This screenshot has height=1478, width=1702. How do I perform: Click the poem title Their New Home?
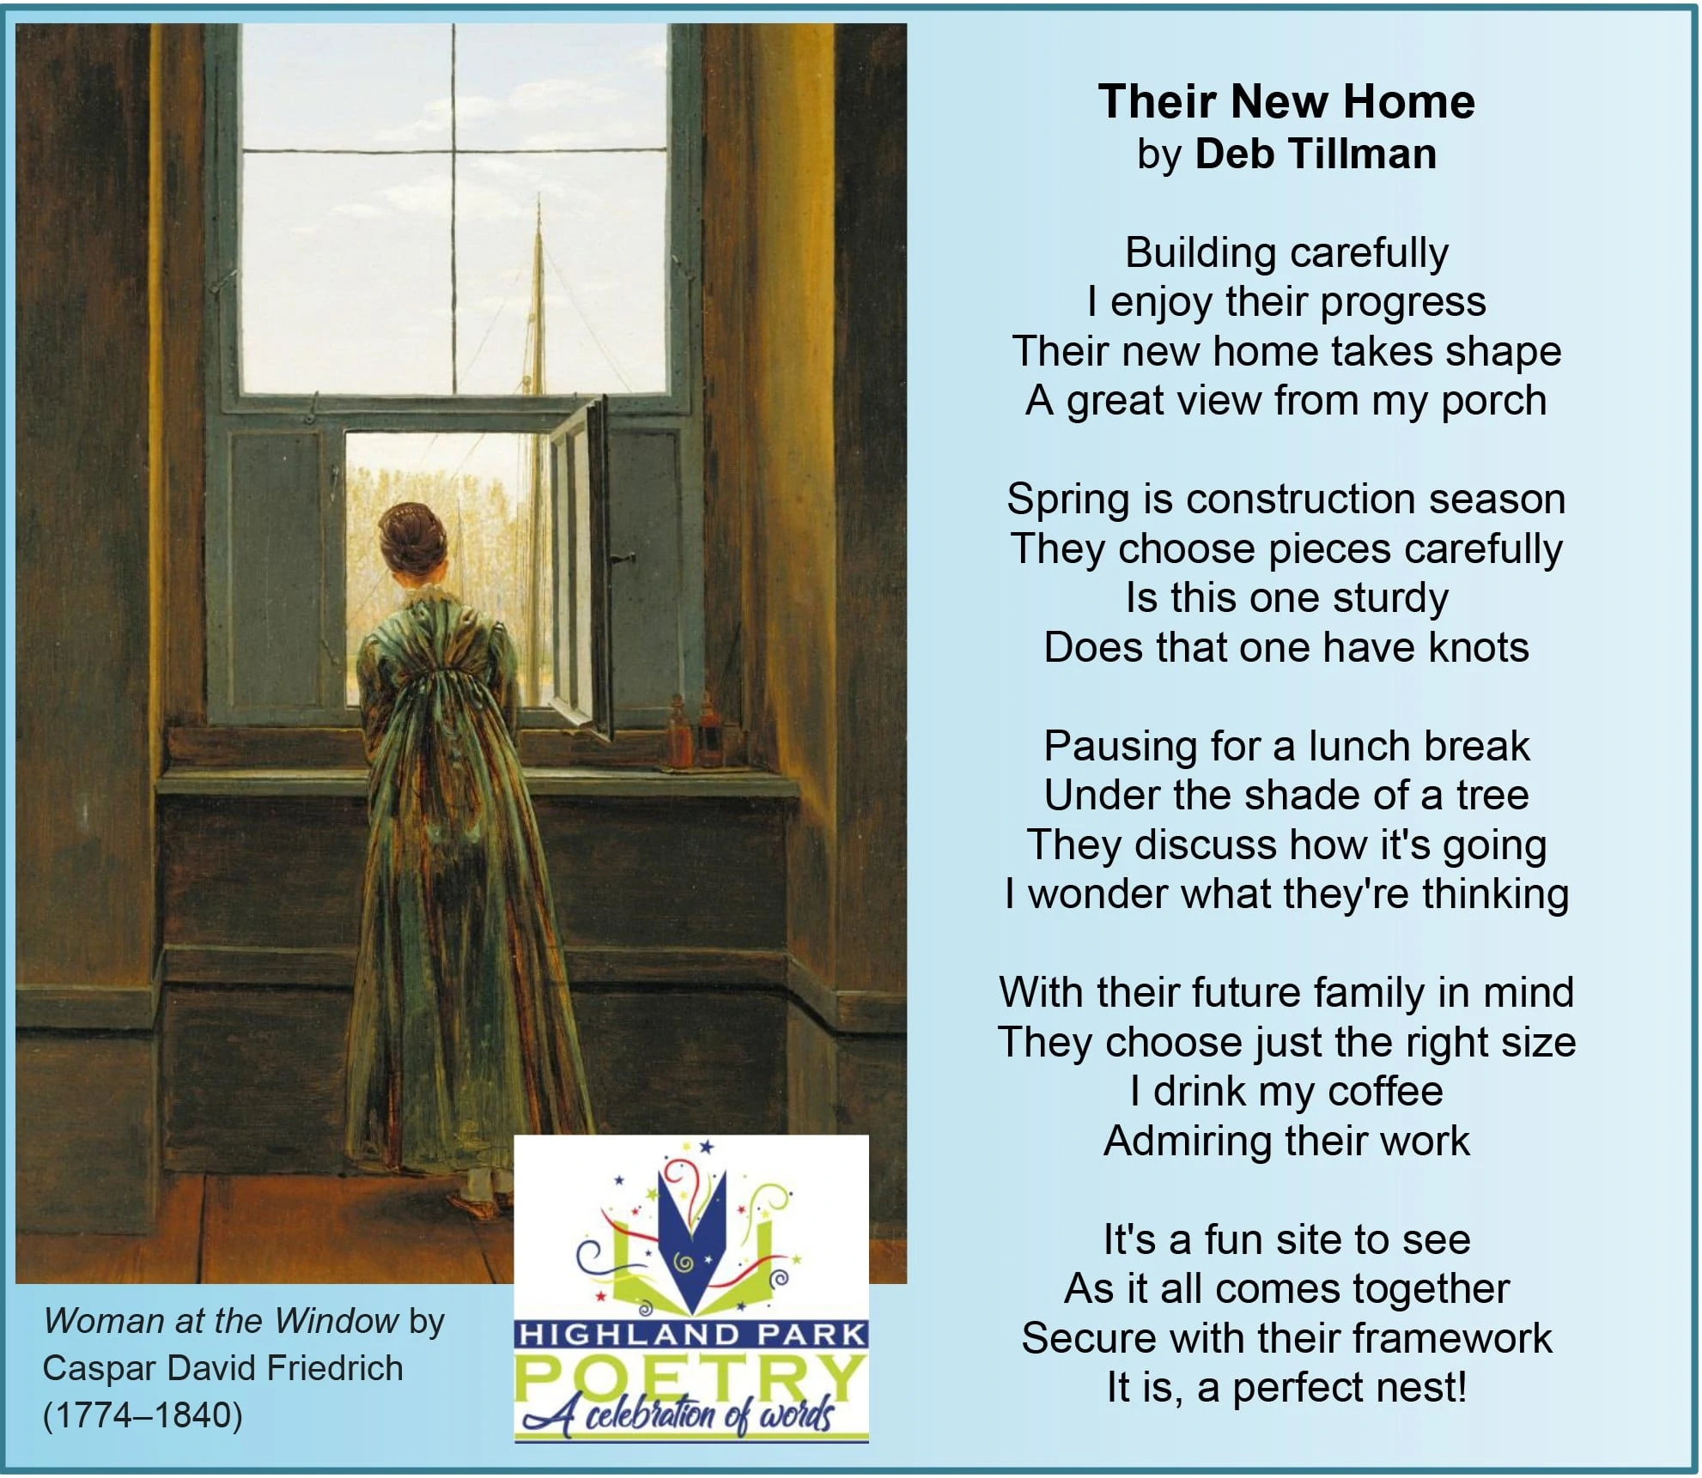(x=1286, y=101)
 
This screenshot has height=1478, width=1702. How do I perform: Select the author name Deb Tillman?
(x=1316, y=154)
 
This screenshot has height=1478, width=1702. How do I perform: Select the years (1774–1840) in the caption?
(x=143, y=1415)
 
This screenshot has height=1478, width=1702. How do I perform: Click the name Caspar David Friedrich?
(x=222, y=1368)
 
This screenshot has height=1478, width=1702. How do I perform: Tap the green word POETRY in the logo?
(x=690, y=1379)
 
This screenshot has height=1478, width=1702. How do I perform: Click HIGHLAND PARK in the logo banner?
(x=691, y=1335)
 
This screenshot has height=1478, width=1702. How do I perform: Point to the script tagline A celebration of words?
(x=678, y=1416)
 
